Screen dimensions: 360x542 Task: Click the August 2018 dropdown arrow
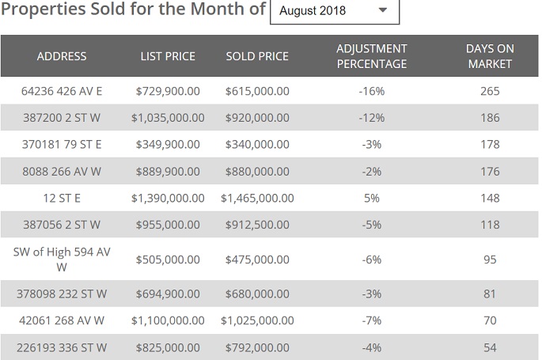point(383,11)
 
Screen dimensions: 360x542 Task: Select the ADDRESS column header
point(61,56)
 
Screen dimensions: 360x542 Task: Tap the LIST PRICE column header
point(168,56)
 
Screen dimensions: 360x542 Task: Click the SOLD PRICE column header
point(257,56)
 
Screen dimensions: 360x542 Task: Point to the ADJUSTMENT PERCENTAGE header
point(372,56)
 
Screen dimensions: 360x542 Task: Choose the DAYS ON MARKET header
point(490,56)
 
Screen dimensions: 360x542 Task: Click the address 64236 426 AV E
point(61,91)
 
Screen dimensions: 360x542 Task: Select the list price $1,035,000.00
point(168,118)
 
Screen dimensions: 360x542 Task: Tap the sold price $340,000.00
point(257,145)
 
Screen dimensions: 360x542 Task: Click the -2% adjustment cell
point(372,172)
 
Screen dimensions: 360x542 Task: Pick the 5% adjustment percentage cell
point(372,198)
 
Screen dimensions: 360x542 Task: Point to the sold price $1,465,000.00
point(257,198)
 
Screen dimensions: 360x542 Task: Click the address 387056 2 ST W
point(61,225)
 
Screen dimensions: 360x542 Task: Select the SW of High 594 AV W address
point(61,260)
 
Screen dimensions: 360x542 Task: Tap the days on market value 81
point(490,294)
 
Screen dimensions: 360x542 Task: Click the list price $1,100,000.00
point(168,321)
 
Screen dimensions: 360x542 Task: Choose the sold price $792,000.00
point(257,347)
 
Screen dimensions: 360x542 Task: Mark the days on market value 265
point(490,91)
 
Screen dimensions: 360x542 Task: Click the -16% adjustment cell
point(372,91)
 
